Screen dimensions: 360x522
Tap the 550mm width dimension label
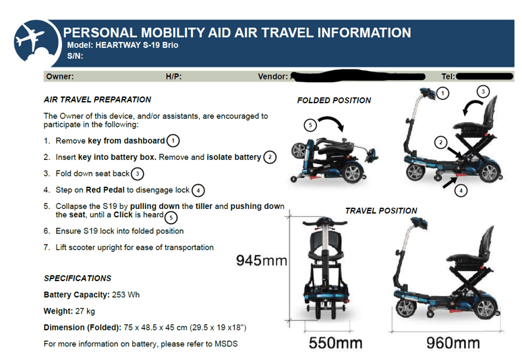(x=335, y=342)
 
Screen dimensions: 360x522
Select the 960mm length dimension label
(x=453, y=342)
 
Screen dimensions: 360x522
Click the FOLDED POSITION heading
(x=334, y=100)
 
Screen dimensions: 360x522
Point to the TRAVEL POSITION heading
(x=381, y=210)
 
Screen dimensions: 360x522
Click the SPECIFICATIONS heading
(x=78, y=278)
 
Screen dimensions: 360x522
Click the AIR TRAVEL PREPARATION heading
(x=97, y=99)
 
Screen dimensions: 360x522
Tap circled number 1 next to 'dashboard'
(x=173, y=140)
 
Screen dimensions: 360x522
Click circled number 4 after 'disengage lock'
(x=198, y=190)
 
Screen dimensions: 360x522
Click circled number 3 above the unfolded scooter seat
(x=483, y=91)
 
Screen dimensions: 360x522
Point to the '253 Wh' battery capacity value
(x=126, y=295)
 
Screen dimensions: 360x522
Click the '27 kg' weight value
(x=86, y=311)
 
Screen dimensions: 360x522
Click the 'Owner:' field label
(x=60, y=77)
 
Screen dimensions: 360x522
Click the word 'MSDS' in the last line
(x=225, y=344)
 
